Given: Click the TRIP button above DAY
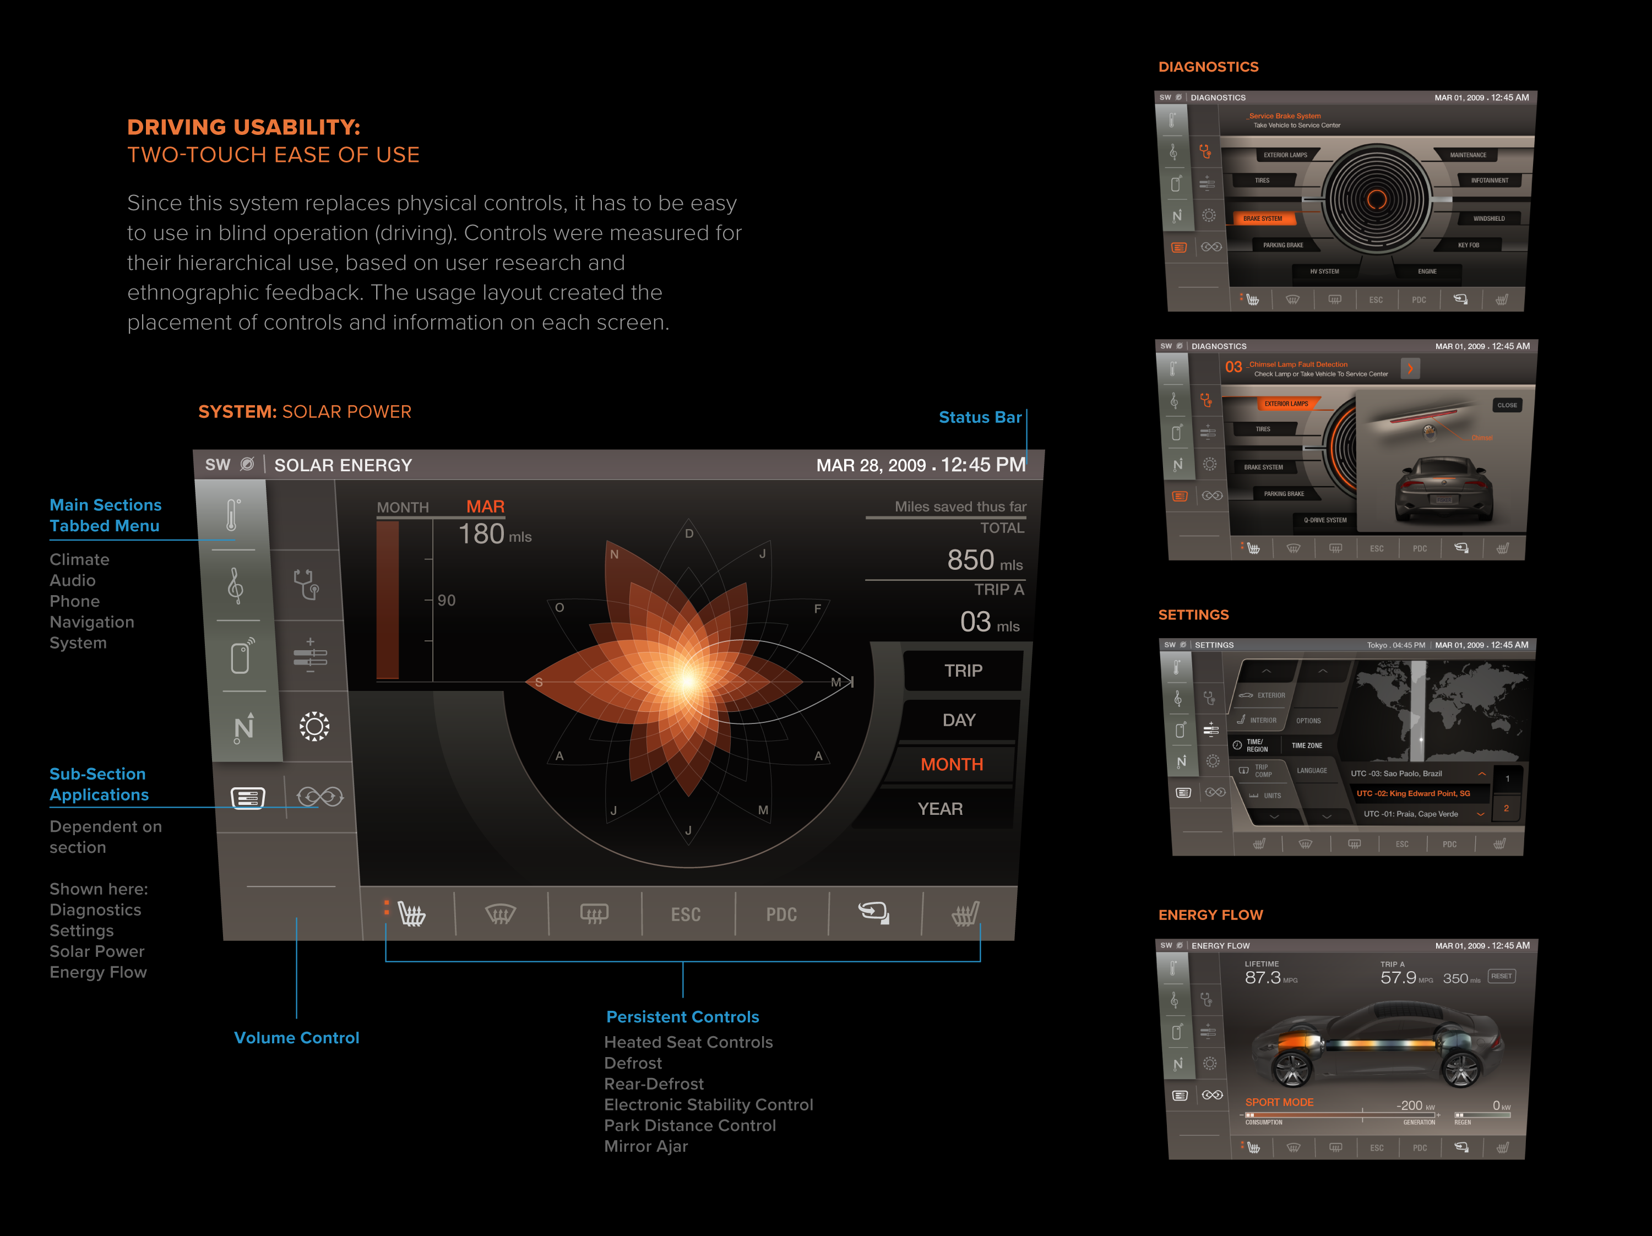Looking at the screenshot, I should [963, 671].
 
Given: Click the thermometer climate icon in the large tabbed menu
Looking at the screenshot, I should [233, 515].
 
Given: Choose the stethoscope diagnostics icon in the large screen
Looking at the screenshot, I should [307, 585].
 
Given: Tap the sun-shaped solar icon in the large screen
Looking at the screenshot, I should [314, 726].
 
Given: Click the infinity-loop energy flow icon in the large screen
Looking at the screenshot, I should [319, 797].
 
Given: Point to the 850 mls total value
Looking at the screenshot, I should [983, 560].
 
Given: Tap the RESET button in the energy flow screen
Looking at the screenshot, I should [1501, 976].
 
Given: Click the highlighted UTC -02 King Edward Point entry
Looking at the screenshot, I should [1413, 793].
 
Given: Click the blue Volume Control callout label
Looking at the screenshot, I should [296, 1037].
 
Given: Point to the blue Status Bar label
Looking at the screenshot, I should [979, 417].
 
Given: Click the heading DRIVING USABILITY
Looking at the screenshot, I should [243, 127].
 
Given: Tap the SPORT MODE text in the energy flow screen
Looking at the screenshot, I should [1279, 1102].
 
